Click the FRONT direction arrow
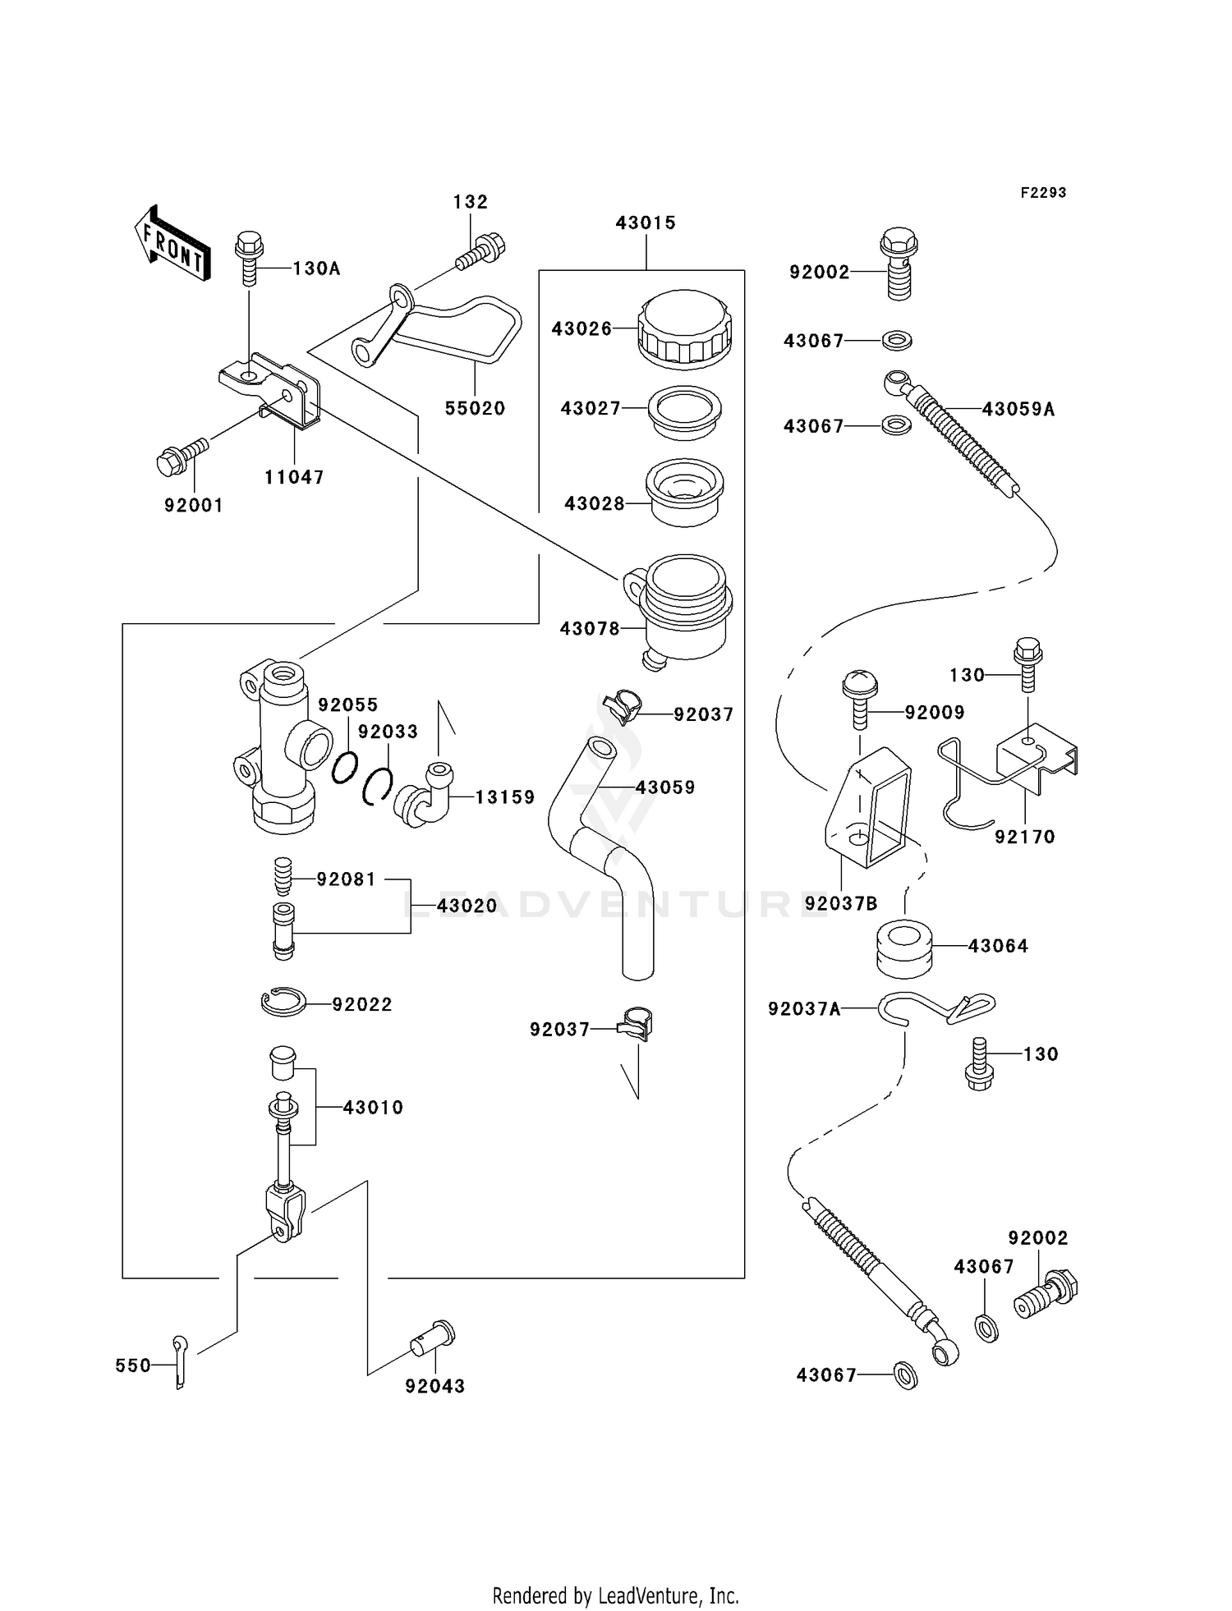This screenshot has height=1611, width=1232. point(172,244)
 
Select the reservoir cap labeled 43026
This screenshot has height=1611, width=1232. point(683,328)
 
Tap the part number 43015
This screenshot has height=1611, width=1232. point(646,223)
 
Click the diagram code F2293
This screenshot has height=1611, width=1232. point(1043,192)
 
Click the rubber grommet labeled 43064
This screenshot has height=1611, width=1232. point(903,949)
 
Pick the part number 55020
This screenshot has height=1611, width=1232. point(475,408)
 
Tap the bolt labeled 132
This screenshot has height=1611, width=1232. point(481,251)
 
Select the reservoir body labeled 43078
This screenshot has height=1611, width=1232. point(683,611)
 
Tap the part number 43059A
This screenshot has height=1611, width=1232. point(1018,409)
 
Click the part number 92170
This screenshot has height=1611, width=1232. point(1024,837)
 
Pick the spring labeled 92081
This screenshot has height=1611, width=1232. point(283,878)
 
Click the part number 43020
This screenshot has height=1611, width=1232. point(467,906)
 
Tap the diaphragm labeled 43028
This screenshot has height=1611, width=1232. point(683,493)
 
